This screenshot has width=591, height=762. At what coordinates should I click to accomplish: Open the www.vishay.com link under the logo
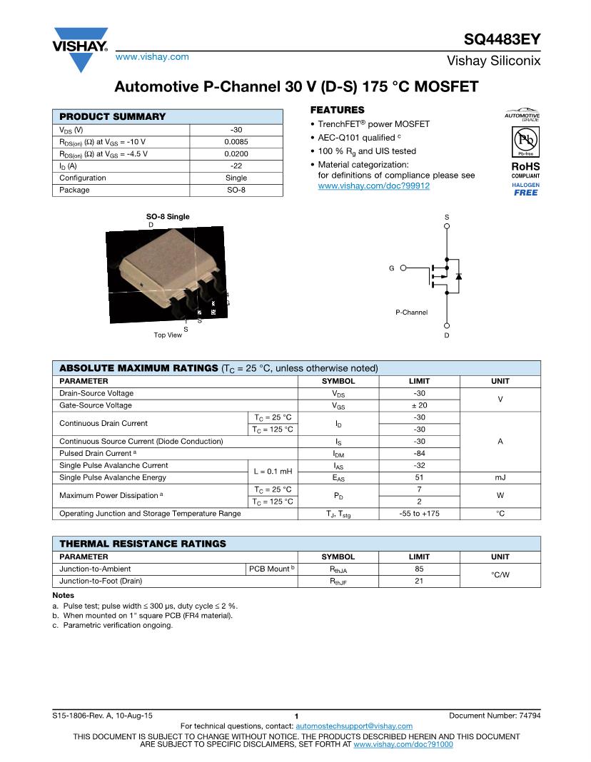tap(152, 56)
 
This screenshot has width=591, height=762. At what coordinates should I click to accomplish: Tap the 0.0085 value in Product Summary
tap(236, 141)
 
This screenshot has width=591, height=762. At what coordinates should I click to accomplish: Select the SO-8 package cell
tap(236, 190)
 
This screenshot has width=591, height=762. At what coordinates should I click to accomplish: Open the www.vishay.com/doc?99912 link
tap(373, 186)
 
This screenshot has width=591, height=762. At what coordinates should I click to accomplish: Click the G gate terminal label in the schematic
tap(392, 268)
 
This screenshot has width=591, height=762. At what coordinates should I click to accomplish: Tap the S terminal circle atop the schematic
tap(447, 225)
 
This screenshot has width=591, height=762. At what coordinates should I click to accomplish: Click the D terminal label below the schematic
tap(447, 335)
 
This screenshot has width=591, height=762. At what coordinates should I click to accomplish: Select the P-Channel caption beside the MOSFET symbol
tap(412, 313)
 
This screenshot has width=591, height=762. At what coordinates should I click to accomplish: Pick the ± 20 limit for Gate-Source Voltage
tap(419, 405)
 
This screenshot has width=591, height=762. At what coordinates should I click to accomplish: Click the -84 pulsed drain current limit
tap(419, 453)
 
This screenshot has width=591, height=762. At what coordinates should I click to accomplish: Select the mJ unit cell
tap(500, 477)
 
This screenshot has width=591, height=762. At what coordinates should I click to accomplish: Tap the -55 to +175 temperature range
tap(419, 514)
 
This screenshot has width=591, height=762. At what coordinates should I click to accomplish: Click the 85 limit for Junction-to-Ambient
tap(419, 569)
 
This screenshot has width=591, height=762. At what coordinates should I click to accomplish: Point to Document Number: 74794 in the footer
tap(495, 715)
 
